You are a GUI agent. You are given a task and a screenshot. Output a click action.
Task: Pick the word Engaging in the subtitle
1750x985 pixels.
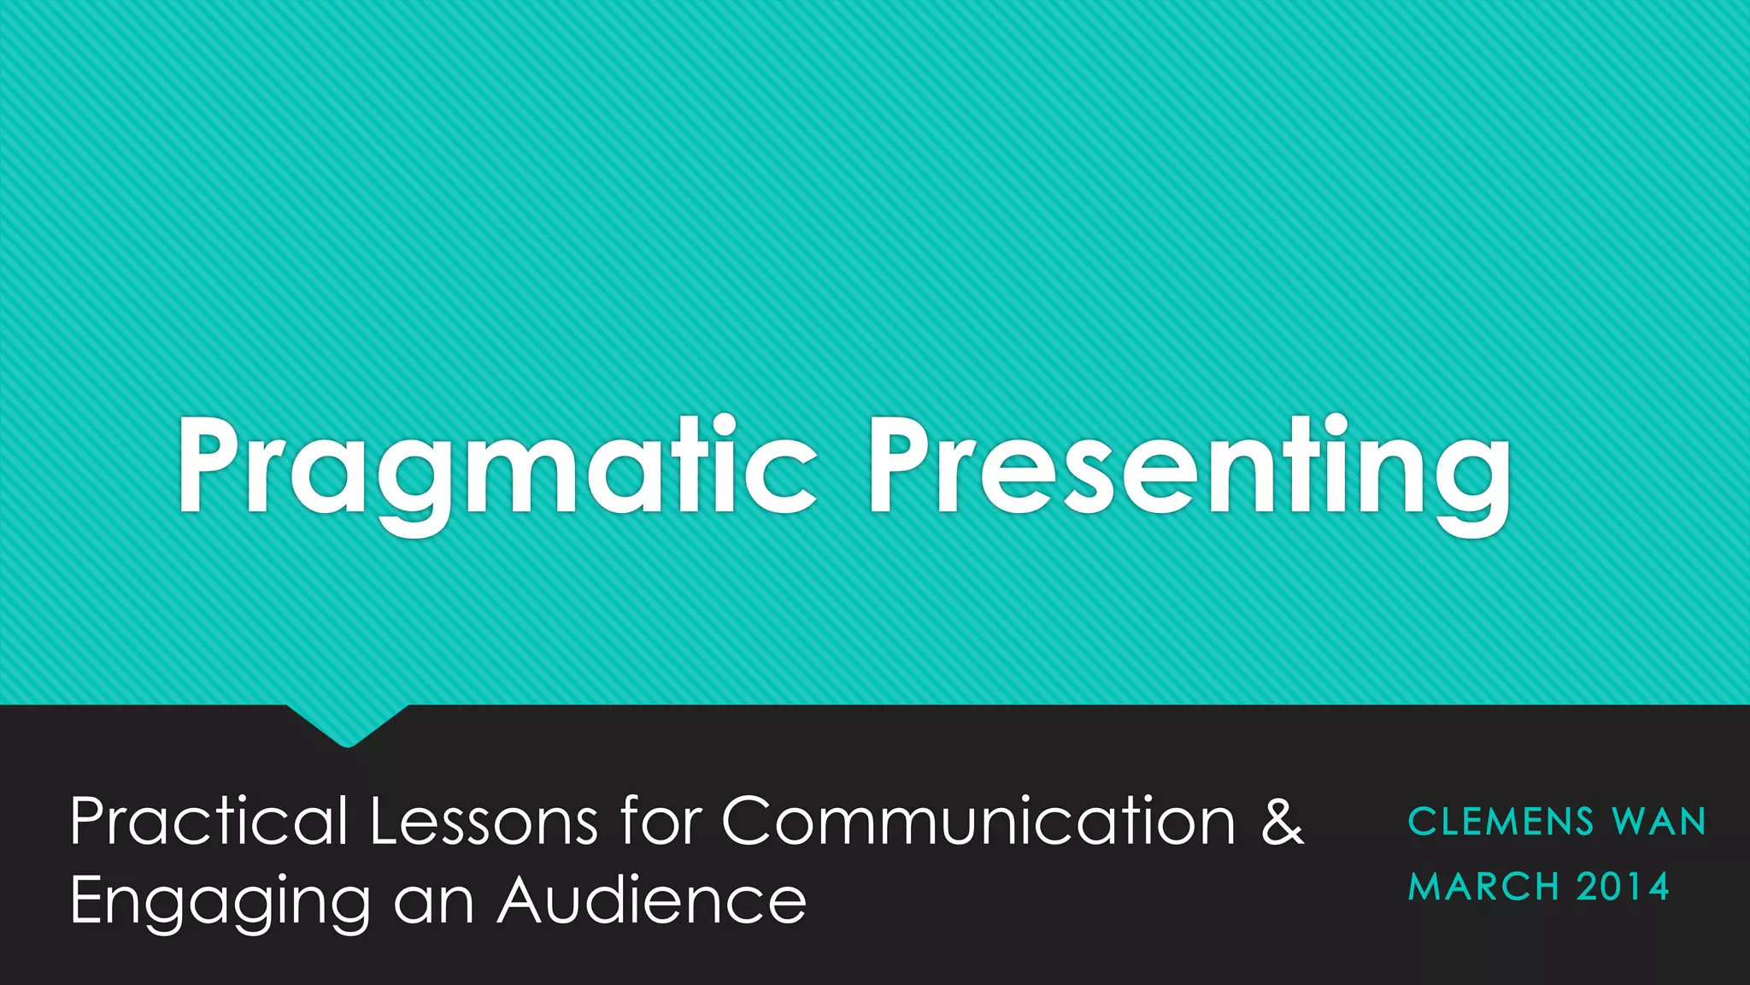tap(220, 903)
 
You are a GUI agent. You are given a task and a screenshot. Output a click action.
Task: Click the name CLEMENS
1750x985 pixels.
tap(1500, 823)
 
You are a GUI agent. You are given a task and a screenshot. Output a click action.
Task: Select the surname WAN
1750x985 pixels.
tap(1659, 823)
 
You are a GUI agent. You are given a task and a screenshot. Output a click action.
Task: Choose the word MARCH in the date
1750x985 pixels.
tap(1483, 888)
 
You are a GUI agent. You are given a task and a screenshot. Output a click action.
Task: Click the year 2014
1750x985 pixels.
tap(1623, 888)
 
